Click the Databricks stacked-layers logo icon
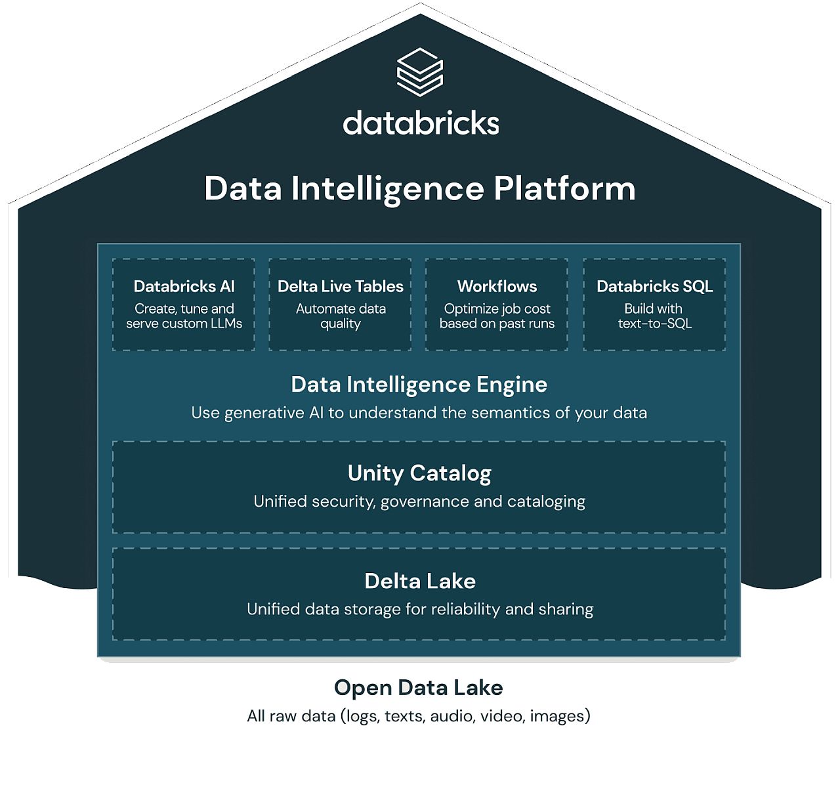[419, 72]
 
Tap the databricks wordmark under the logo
[421, 123]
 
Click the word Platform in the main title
[564, 189]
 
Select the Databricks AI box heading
[184, 286]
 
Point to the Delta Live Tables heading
[341, 286]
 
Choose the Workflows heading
[497, 286]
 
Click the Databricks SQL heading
[655, 286]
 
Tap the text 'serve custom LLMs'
[184, 324]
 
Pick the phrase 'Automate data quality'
[341, 316]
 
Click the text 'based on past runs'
[497, 324]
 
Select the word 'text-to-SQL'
[655, 324]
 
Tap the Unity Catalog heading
[419, 474]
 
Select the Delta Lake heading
[420, 581]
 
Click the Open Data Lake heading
[418, 688]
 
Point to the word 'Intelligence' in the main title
[387, 190]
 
